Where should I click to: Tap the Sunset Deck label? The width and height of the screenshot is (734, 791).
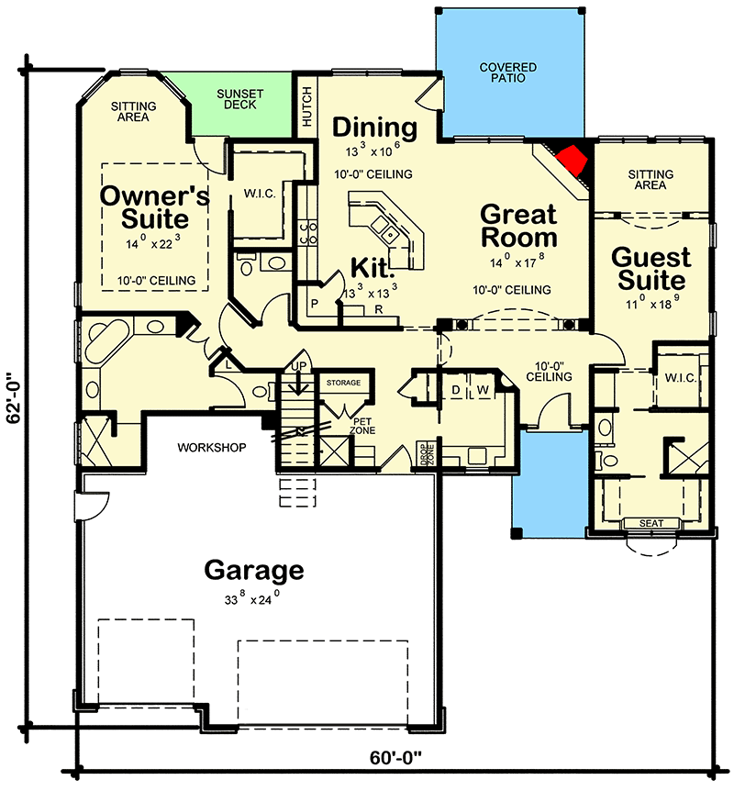[240, 99]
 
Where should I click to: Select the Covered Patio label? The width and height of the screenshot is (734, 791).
[508, 74]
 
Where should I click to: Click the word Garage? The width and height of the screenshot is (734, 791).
[253, 570]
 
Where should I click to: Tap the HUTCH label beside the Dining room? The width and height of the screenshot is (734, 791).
[306, 106]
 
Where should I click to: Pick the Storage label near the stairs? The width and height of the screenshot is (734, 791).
[344, 383]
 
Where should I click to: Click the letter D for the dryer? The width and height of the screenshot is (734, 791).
[455, 390]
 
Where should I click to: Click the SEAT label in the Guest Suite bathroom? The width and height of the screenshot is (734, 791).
[651, 524]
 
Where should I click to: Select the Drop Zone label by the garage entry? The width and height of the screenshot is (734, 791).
[428, 456]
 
